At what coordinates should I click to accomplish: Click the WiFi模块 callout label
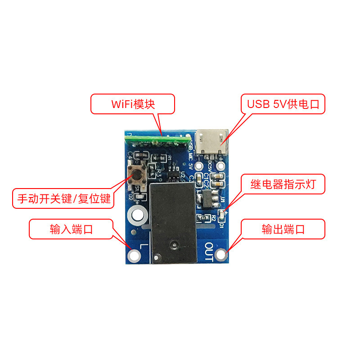point(133,104)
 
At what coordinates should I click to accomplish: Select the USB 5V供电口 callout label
point(283,104)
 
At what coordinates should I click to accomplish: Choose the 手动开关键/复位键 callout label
point(63,198)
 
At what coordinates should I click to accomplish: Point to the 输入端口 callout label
point(72,229)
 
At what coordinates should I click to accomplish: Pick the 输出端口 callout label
point(283,229)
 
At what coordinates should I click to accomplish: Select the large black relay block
point(173,220)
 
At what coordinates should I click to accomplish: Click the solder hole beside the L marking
point(134,256)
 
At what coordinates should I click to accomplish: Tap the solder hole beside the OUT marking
point(220,255)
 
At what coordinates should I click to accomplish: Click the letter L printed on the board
point(143,247)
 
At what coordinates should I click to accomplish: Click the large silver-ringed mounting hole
point(137,216)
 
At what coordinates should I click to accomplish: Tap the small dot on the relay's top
point(173,245)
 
